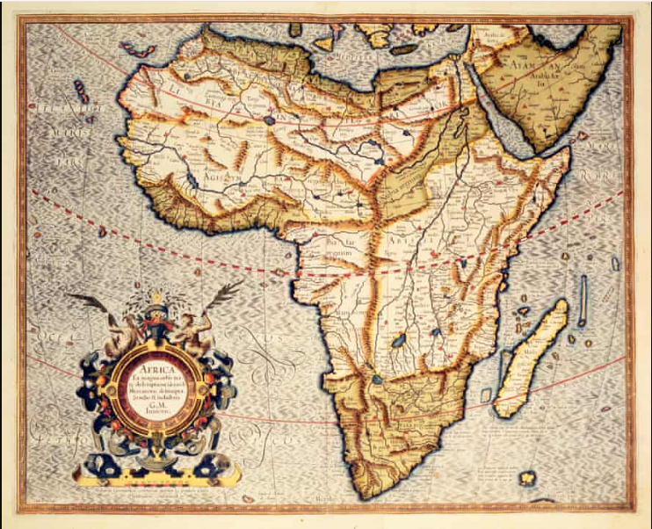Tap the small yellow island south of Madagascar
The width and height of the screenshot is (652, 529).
pos(527,479)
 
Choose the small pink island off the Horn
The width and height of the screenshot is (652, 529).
pos(581,136)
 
